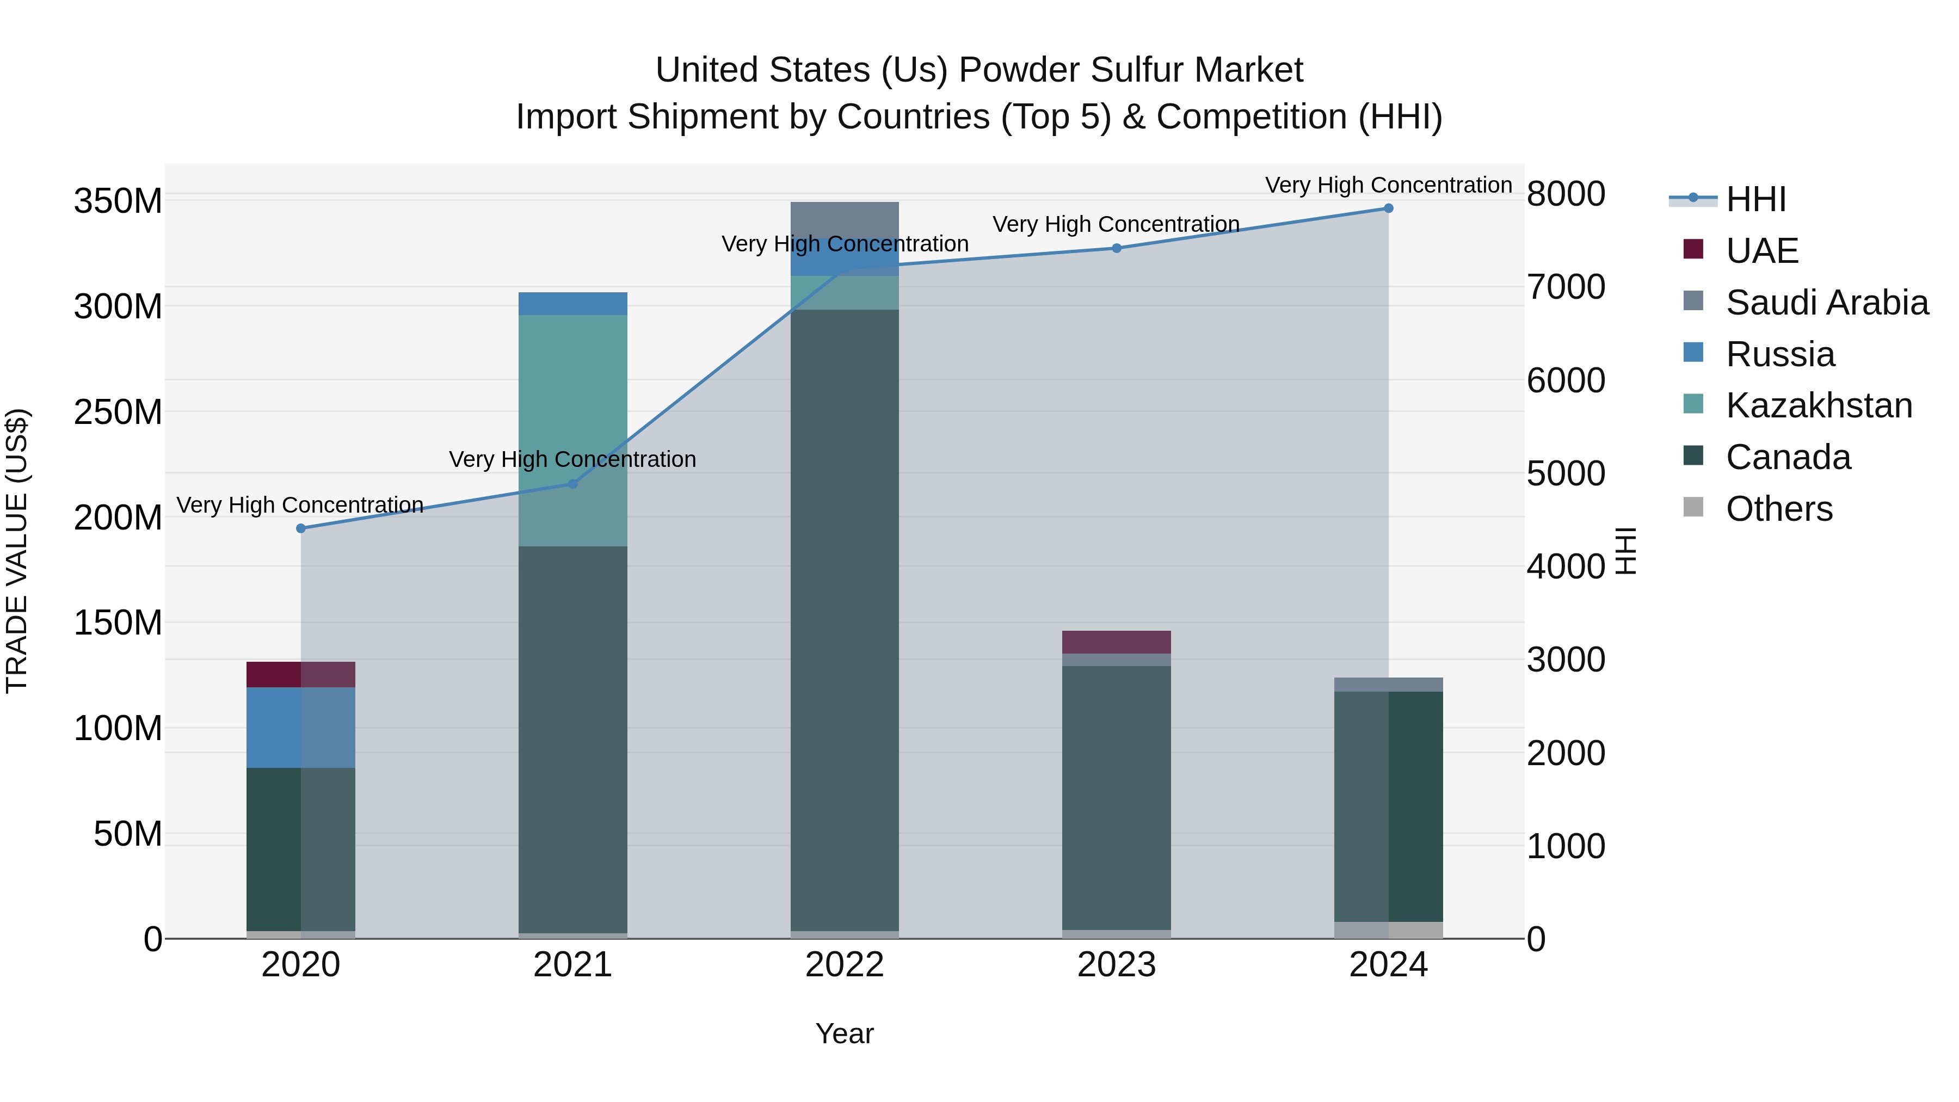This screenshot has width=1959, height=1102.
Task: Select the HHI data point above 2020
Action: point(300,528)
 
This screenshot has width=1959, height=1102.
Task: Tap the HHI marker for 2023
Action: point(1117,248)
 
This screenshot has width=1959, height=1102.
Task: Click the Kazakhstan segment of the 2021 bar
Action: point(572,396)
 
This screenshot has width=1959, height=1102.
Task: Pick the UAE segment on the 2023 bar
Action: point(1117,642)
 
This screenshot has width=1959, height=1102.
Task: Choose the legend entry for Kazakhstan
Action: point(1818,405)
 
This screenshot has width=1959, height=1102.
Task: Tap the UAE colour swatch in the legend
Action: point(1693,249)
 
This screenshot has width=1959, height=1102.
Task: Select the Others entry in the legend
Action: point(1779,509)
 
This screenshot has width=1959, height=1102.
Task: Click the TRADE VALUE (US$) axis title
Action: point(17,551)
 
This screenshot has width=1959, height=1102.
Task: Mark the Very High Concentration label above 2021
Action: point(572,459)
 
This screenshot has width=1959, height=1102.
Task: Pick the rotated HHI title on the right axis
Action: point(1624,551)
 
